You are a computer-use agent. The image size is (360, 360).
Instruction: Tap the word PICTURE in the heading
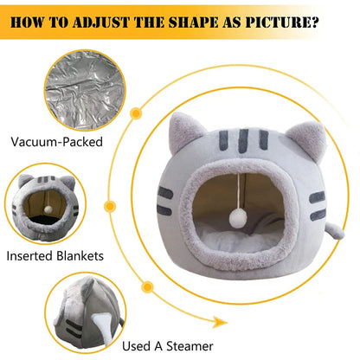(x=279, y=22)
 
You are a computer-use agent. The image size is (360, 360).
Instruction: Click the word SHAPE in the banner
(x=193, y=22)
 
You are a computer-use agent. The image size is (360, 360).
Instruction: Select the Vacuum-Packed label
(x=57, y=142)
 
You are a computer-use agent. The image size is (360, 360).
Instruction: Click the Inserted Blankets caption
(x=55, y=256)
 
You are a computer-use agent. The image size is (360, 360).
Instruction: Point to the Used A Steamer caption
(x=168, y=346)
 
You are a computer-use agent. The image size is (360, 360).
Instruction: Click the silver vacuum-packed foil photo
(x=85, y=90)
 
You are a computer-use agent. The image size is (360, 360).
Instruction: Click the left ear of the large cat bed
(x=184, y=132)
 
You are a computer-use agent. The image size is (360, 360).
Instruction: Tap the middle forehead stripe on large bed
(x=243, y=140)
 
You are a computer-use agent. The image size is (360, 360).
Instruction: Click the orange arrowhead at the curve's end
(x=219, y=322)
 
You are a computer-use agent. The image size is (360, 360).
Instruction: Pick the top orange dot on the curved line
(x=136, y=113)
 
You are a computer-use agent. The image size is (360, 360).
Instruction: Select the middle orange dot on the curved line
(x=110, y=207)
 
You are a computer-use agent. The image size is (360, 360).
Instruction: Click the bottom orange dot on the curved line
(x=148, y=287)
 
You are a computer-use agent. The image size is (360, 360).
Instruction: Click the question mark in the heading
(x=315, y=22)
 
